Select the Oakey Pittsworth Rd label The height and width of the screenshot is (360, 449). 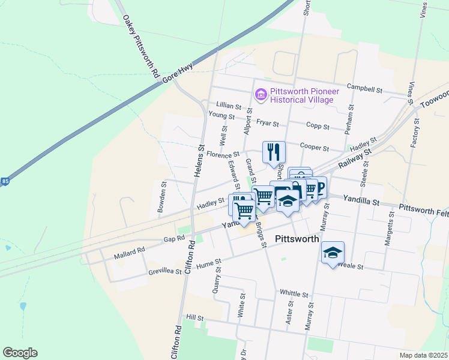[140, 46]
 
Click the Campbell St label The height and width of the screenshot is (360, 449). [364, 89]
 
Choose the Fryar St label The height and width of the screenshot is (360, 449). [268, 123]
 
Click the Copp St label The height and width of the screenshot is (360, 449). [318, 127]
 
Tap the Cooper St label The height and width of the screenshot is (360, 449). [314, 148]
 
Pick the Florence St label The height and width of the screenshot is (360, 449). [223, 155]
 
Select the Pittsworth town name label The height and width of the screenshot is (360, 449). [297, 238]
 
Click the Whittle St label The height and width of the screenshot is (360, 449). [294, 294]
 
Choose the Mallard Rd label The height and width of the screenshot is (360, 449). [129, 253]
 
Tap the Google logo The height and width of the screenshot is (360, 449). [20, 352]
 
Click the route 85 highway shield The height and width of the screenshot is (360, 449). [5, 181]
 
